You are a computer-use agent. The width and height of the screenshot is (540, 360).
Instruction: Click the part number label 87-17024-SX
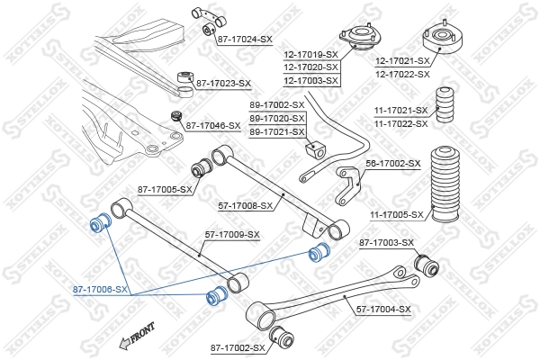(x=244, y=40)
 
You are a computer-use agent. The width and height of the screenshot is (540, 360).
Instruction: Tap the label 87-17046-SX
(x=212, y=126)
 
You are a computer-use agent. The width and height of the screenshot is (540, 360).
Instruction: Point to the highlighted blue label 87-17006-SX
(x=100, y=291)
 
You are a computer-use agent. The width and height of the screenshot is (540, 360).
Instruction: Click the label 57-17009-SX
(x=232, y=235)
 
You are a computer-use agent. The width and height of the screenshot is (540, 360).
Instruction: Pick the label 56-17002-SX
(x=393, y=163)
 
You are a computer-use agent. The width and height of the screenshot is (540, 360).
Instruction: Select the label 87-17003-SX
(x=386, y=243)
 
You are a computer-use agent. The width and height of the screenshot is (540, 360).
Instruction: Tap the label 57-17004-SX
(x=383, y=310)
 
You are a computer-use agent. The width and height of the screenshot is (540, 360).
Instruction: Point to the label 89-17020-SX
(x=277, y=118)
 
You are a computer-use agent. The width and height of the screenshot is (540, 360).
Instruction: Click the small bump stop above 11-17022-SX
(x=445, y=103)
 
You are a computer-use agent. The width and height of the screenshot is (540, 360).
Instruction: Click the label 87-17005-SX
(x=166, y=189)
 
